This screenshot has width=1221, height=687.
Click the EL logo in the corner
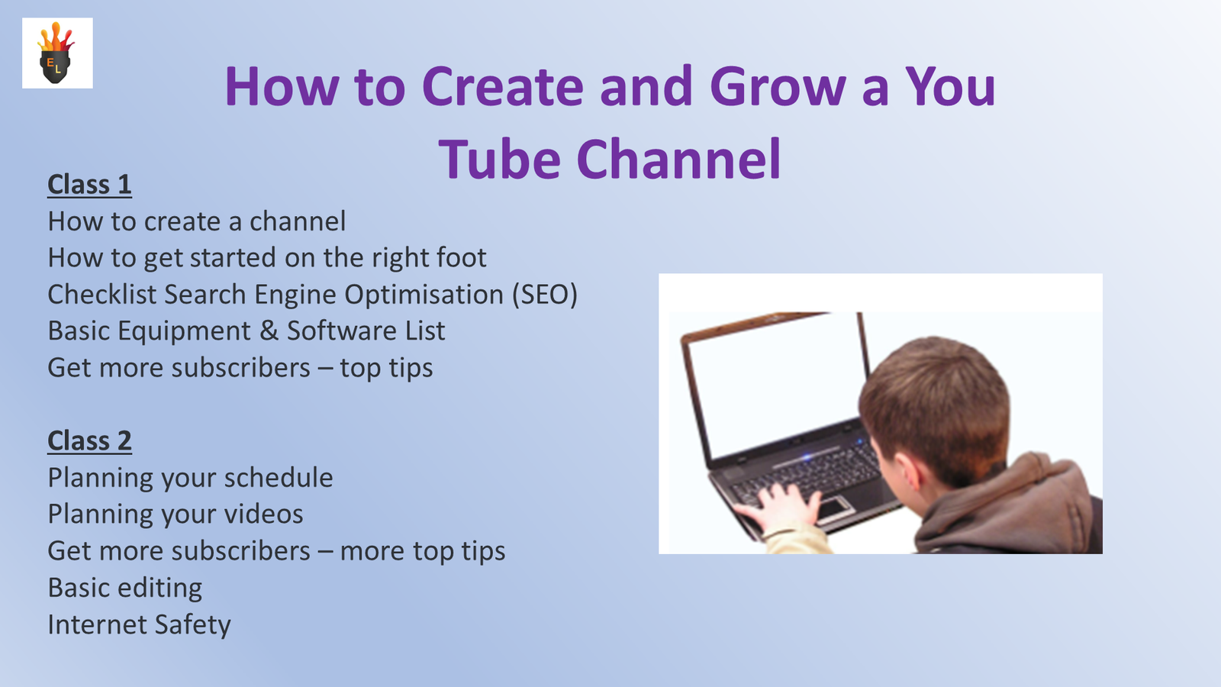click(57, 53)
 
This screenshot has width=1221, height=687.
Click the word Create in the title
click(503, 86)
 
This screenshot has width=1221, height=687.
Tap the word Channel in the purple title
click(678, 160)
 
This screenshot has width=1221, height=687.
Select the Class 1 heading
click(89, 184)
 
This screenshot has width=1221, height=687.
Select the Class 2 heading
click(89, 440)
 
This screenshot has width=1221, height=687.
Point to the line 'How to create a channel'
click(197, 221)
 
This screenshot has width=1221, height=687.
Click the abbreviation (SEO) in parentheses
click(545, 295)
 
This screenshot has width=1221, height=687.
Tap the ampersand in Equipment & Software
click(269, 331)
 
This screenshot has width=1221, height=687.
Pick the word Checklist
click(102, 295)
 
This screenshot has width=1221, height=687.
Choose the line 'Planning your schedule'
click(190, 478)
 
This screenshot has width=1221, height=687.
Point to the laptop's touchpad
click(833, 508)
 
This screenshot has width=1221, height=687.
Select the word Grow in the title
click(778, 86)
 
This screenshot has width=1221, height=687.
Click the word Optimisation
click(424, 295)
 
